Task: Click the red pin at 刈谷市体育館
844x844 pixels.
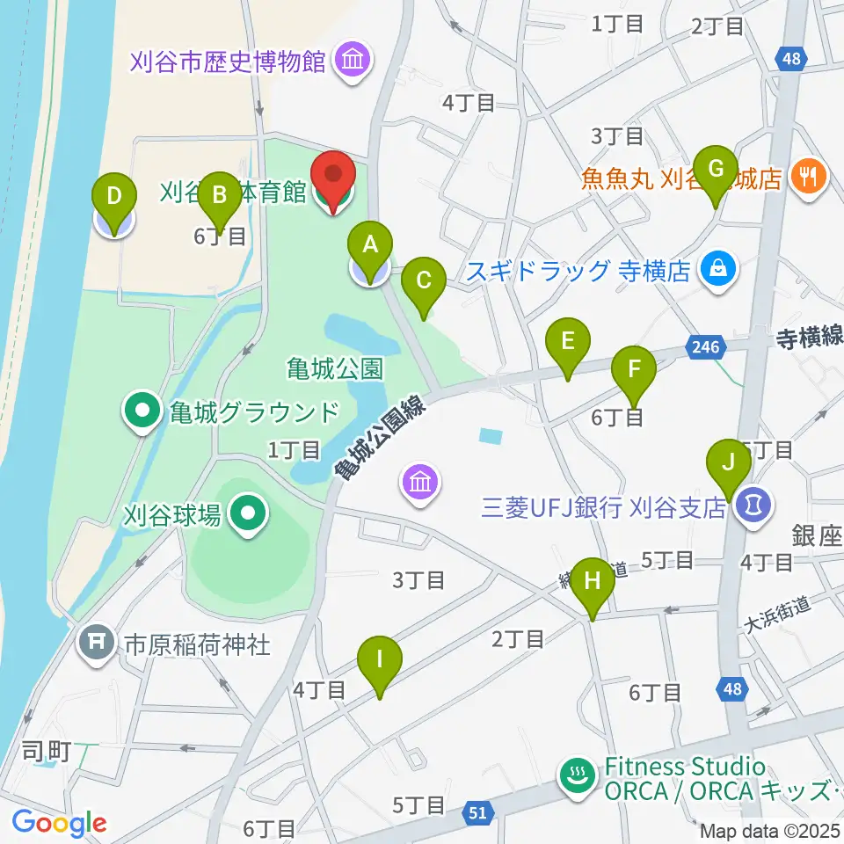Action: pos(333,181)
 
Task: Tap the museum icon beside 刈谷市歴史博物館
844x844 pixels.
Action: pos(355,61)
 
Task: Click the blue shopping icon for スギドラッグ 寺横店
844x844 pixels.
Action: pos(718,269)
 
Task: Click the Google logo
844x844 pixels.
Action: pos(60,823)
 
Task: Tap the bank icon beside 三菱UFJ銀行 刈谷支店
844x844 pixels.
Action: pos(753,506)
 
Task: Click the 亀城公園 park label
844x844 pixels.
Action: pos(335,368)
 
